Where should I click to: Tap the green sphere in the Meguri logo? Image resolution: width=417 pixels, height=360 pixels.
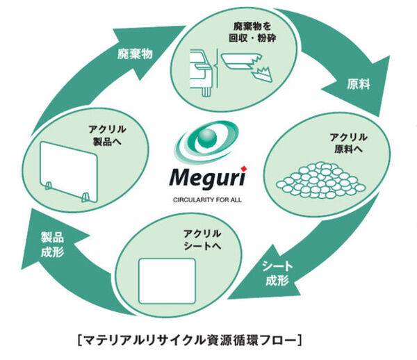(x=207, y=141)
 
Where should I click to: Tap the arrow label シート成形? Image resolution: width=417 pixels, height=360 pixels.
(x=276, y=272)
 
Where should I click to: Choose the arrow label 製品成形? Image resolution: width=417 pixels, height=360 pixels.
(x=52, y=244)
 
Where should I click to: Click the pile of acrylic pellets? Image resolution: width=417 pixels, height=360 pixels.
(x=320, y=179)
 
